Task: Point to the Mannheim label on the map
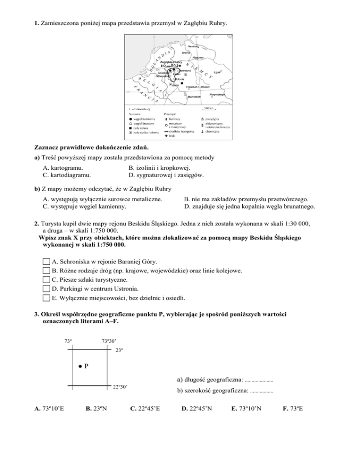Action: [194, 97]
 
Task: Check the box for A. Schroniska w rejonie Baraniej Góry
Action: [45, 261]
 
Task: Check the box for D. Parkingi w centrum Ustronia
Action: [45, 288]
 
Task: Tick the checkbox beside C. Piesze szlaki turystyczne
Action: [45, 279]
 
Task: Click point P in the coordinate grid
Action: [80, 366]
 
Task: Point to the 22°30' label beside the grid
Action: [120, 387]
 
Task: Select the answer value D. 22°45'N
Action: [196, 412]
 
